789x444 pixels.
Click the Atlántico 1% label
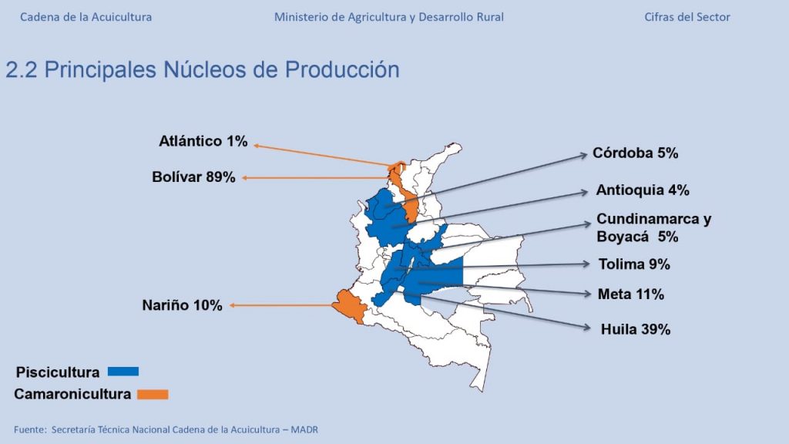[x=203, y=141]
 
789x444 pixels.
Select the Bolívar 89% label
[x=193, y=177]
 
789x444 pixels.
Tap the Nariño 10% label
[x=182, y=305]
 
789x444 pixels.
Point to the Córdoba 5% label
[x=635, y=153]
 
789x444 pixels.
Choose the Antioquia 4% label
[x=643, y=190]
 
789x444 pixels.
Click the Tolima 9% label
[x=634, y=264]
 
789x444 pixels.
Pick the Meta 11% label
[x=631, y=294]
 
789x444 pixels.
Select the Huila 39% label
[x=636, y=329]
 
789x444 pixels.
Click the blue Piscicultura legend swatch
[x=123, y=372]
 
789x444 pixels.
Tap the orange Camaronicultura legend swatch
[x=153, y=394]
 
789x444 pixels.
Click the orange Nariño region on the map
[x=349, y=305]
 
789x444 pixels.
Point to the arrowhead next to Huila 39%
[x=586, y=328]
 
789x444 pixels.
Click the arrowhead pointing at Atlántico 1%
[x=257, y=146]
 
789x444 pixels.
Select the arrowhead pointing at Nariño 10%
[x=233, y=305]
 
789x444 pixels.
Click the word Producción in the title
[x=342, y=69]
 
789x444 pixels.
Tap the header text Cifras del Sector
[x=687, y=17]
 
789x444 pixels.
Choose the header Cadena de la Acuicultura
[x=86, y=17]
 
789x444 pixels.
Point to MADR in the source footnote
[x=304, y=430]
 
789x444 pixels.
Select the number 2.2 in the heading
[x=22, y=69]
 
